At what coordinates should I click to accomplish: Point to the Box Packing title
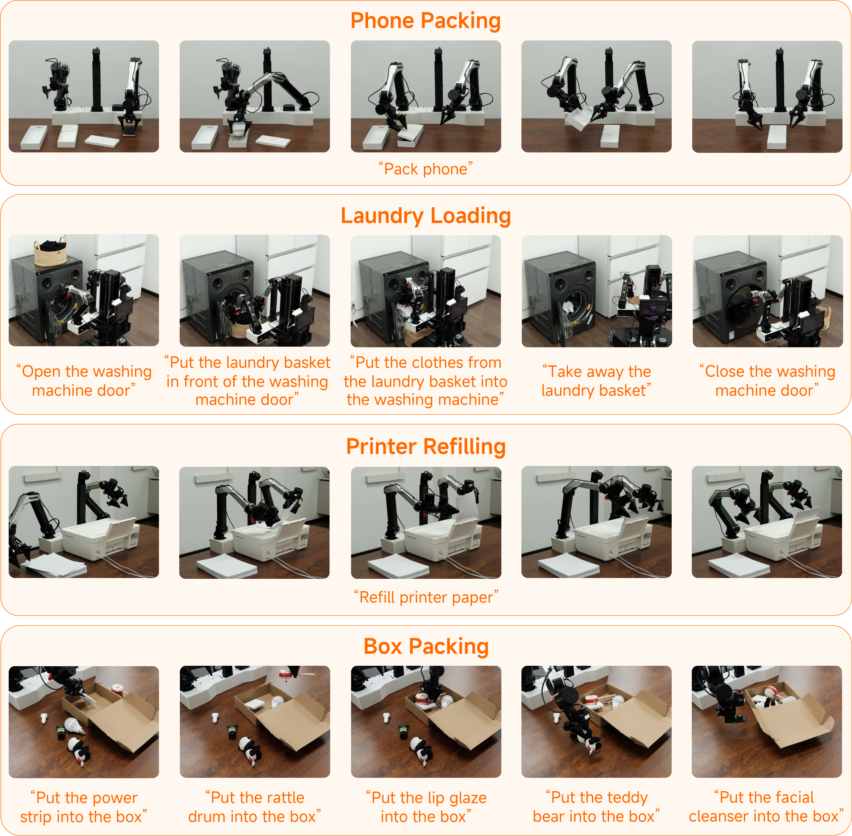click(x=426, y=646)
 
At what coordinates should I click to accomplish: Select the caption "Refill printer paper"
click(x=426, y=597)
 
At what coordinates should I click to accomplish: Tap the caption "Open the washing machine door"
click(x=84, y=381)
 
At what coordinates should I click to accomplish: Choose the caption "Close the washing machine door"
click(x=767, y=381)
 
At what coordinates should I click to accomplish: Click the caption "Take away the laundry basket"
click(x=596, y=381)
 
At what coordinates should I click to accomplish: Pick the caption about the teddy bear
click(x=596, y=807)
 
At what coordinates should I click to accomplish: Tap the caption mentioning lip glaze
click(x=426, y=807)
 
